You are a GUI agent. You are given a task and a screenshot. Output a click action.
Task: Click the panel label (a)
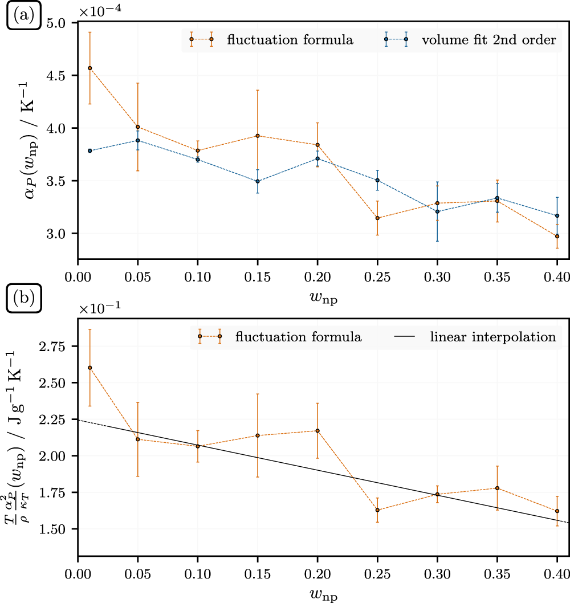click(21, 14)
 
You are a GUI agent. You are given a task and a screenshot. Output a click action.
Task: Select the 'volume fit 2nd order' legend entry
click(478, 40)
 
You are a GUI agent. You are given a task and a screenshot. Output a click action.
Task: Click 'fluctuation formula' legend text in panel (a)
click(290, 40)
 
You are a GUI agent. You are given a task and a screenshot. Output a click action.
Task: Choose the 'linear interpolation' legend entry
click(492, 336)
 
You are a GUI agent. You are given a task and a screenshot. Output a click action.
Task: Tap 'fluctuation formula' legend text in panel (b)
click(298, 336)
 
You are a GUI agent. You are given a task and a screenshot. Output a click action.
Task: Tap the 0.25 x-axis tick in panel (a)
click(377, 276)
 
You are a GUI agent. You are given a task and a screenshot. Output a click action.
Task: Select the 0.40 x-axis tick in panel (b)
click(555, 572)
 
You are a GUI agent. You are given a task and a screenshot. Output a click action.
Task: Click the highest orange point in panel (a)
click(90, 68)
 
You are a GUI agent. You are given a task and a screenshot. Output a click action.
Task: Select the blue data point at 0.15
click(258, 181)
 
